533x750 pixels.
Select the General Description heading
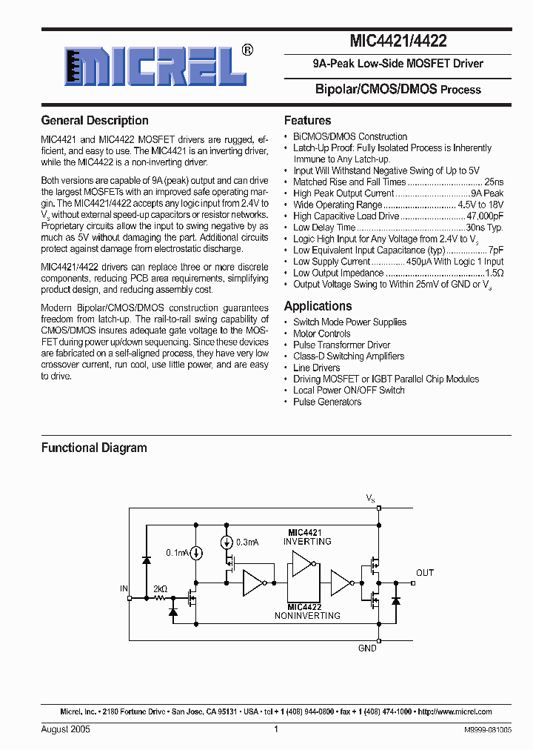[x=95, y=120]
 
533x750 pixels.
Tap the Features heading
[x=307, y=120]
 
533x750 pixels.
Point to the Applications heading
[x=318, y=306]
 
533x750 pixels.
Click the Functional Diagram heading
[x=94, y=448]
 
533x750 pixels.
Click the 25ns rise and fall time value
[x=493, y=182]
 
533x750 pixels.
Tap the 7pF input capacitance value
[x=496, y=250]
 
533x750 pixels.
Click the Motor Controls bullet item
[x=321, y=333]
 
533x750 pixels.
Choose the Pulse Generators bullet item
[x=327, y=402]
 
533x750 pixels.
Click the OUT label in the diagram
[x=425, y=573]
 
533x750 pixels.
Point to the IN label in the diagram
[x=124, y=588]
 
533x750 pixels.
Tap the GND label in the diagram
[x=367, y=648]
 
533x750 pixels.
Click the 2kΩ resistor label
[x=159, y=589]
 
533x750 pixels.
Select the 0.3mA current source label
[x=248, y=542]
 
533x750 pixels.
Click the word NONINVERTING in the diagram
[x=307, y=615]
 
